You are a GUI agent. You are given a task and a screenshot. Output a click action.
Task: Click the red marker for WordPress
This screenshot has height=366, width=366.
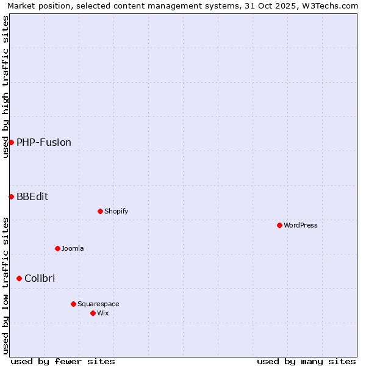(x=279, y=225)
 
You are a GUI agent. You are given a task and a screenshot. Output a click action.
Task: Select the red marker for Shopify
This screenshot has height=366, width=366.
(x=100, y=211)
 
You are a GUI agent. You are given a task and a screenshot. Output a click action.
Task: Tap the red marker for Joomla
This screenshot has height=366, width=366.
(x=57, y=248)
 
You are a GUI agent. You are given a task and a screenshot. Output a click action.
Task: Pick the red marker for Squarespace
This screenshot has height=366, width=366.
(x=73, y=304)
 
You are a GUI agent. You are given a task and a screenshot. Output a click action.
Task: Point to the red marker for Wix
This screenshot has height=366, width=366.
(x=93, y=313)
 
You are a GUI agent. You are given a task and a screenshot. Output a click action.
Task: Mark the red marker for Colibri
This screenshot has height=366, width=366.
(x=19, y=278)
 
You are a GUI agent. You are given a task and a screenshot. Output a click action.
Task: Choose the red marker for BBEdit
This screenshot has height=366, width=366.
(x=11, y=196)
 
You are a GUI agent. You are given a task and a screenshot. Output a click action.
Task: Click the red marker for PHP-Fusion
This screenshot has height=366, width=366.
(x=11, y=142)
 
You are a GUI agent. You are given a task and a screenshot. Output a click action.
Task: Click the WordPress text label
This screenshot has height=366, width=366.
(x=301, y=225)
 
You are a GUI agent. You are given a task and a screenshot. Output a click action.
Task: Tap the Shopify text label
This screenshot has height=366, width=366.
(x=116, y=211)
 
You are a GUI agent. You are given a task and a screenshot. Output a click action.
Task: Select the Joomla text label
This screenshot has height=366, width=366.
(x=73, y=248)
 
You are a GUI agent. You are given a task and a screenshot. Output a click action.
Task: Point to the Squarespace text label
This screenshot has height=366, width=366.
(x=98, y=304)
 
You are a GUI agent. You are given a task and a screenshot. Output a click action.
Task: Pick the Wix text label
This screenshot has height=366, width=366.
(x=103, y=313)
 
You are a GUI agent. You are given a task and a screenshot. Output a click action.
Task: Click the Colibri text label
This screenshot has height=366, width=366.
(x=40, y=278)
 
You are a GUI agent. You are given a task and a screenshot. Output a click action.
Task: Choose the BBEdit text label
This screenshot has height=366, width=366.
(x=32, y=196)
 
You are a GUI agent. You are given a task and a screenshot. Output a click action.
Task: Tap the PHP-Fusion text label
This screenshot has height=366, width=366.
(x=44, y=142)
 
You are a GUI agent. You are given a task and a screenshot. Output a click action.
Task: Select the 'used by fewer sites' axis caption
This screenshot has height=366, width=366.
(x=63, y=361)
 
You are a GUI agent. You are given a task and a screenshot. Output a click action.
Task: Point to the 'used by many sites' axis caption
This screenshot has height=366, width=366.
(x=306, y=361)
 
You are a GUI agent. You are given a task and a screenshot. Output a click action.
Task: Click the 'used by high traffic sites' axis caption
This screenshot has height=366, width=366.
(x=5, y=87)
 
